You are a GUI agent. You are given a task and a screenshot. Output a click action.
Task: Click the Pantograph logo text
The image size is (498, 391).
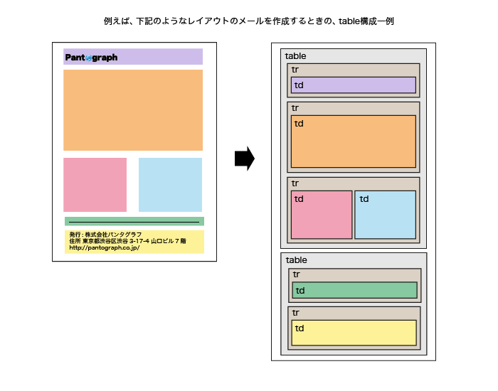point(91,58)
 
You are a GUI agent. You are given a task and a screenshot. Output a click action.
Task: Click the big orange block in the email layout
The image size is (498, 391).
point(133,110)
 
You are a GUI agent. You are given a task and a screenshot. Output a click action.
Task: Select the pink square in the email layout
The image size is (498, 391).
point(95,185)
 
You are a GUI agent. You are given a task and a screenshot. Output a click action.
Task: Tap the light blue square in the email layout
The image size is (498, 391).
point(170,185)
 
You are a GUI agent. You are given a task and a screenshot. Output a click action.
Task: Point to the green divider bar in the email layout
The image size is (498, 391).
point(134,221)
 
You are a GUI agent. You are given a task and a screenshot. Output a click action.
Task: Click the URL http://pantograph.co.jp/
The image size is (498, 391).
point(105,248)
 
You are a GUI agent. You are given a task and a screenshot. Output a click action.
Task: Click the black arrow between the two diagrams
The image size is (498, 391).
point(245,159)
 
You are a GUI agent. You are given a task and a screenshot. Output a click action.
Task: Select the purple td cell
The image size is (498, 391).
point(354,85)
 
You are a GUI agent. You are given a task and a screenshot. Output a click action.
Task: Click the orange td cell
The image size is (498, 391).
point(354,141)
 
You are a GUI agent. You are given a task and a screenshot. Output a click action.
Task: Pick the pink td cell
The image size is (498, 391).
point(322,215)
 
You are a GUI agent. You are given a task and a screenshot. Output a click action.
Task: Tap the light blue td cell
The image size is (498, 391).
point(386,215)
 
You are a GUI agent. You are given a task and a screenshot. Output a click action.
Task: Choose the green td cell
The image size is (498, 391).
point(355,290)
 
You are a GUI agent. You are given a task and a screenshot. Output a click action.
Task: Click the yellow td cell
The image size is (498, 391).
point(354,333)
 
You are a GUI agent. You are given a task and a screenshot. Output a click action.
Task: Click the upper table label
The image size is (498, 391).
point(296,56)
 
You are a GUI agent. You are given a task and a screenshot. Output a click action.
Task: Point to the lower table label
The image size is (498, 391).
point(297,260)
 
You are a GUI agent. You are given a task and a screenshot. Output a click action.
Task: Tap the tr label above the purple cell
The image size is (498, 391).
point(295,70)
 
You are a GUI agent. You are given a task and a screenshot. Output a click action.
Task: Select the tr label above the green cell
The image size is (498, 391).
point(297,274)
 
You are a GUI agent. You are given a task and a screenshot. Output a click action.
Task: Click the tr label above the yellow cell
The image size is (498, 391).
point(296,313)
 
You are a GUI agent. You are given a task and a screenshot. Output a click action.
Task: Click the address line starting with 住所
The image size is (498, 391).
point(127,241)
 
